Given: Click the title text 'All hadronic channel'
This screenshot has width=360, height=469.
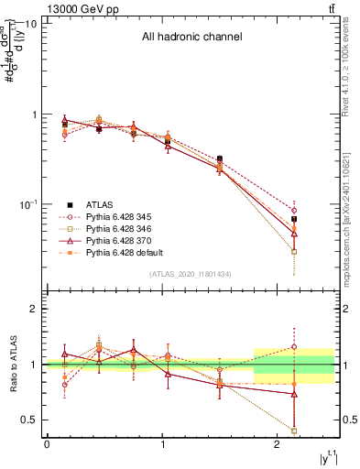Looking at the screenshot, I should pyautogui.click(x=191, y=38).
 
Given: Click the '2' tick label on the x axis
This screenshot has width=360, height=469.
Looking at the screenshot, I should pyautogui.click(x=278, y=443).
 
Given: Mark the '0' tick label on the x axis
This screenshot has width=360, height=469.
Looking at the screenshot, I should pyautogui.click(x=47, y=443).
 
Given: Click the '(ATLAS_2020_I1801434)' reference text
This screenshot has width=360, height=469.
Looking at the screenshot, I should pyautogui.click(x=191, y=275).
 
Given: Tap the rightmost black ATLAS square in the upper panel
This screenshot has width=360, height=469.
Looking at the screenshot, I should pyautogui.click(x=294, y=220).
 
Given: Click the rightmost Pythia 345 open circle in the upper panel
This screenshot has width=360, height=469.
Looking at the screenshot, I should pyautogui.click(x=294, y=210).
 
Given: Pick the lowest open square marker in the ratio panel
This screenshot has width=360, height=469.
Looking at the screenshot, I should pyautogui.click(x=294, y=431).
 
